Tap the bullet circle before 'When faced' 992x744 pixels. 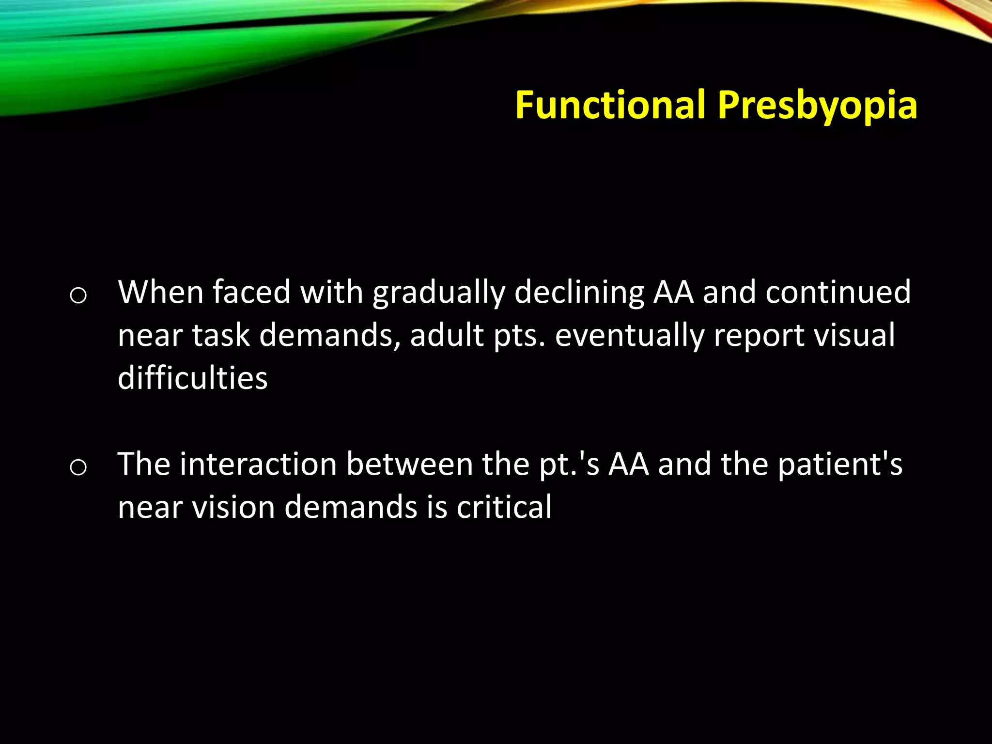click(x=78, y=295)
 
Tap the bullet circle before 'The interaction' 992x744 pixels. click(x=78, y=467)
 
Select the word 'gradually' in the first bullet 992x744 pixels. click(x=438, y=293)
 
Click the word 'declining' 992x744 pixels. click(x=579, y=293)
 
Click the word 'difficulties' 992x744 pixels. click(x=192, y=378)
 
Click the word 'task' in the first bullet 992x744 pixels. click(x=220, y=335)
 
